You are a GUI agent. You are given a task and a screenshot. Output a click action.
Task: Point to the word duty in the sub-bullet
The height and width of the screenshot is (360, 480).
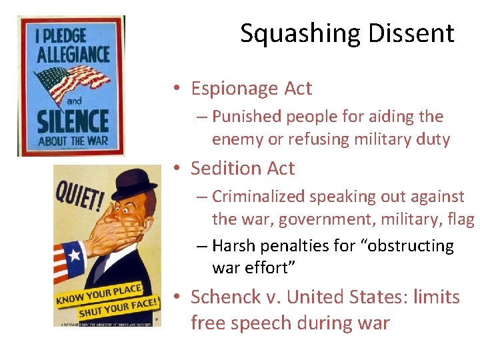(x=433, y=139)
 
